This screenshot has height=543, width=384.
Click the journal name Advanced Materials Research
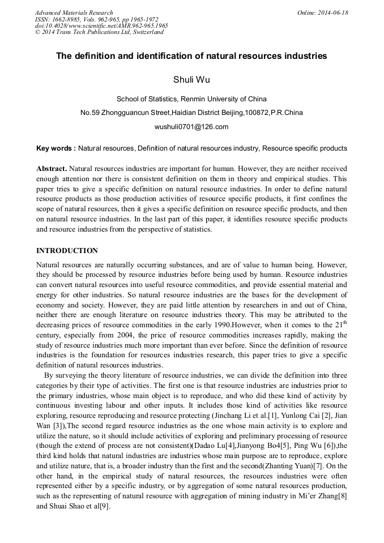point(74,12)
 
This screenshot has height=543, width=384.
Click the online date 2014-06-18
point(333,12)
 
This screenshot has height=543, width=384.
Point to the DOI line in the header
point(101,25)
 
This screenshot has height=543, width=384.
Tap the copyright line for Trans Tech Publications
point(99,32)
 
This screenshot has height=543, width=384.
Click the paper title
point(191,56)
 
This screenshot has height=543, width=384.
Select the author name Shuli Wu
point(191,79)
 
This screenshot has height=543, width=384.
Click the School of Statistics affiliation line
point(191,99)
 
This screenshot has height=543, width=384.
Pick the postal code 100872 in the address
point(256,113)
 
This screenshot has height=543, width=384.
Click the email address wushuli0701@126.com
point(191,127)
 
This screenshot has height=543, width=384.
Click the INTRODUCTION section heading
point(67,250)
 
